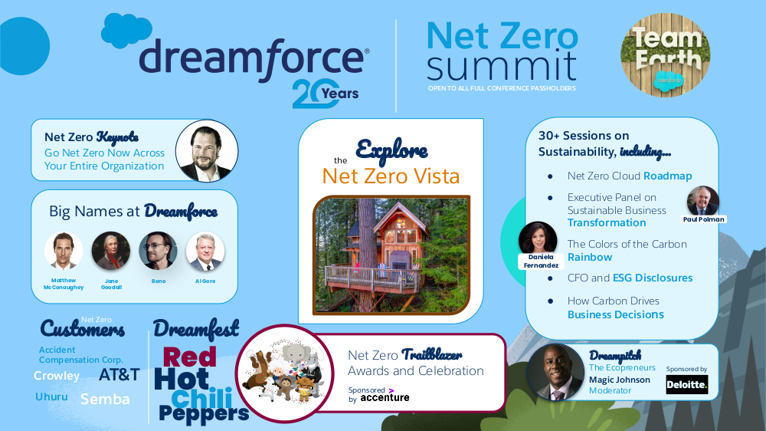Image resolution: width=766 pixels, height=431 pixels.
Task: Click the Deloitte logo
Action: click(687, 384)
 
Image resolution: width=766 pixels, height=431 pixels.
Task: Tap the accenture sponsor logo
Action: click(385, 397)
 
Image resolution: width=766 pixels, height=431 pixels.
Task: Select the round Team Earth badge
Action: click(666, 55)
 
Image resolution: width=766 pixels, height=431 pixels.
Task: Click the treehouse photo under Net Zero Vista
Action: click(391, 255)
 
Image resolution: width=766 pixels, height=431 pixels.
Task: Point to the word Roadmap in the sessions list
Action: click(668, 176)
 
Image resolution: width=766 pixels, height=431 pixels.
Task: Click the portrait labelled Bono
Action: click(158, 251)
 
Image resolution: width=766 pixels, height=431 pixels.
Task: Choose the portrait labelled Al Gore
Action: click(205, 251)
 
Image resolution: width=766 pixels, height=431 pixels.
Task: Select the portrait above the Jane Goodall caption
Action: click(111, 251)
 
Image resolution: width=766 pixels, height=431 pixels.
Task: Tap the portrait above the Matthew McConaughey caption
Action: click(64, 251)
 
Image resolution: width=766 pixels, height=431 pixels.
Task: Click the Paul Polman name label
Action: click(703, 219)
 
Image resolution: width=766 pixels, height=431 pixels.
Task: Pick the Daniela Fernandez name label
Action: click(541, 262)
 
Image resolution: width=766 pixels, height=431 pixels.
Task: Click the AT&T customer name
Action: click(119, 375)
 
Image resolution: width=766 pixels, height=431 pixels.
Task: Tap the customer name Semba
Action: click(105, 400)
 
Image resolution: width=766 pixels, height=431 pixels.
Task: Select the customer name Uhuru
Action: click(51, 396)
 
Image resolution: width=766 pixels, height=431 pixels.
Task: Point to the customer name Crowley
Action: click(57, 376)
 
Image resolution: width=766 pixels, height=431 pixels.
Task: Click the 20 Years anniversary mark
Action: click(326, 93)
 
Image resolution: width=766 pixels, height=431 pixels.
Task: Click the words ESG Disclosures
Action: click(653, 278)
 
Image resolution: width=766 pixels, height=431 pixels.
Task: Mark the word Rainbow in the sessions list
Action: click(590, 258)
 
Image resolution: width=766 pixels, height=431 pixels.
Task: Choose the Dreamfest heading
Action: click(196, 329)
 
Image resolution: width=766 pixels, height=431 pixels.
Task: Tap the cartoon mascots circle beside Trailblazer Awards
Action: click(284, 373)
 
